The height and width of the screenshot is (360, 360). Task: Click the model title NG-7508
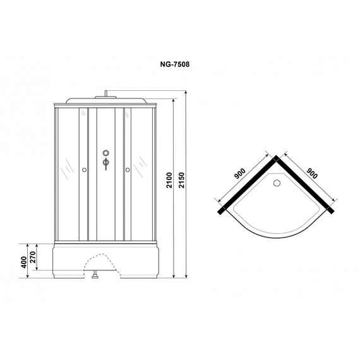click(175, 64)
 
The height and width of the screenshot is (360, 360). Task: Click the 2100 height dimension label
click(169, 180)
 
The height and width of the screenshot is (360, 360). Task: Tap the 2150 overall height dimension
click(182, 180)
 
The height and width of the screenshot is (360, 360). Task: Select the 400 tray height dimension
click(24, 262)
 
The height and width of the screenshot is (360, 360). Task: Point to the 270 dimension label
click(33, 258)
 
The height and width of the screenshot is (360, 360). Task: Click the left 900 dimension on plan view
click(239, 174)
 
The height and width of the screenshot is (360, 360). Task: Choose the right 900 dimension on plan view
click(312, 173)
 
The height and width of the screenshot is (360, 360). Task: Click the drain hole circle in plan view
click(277, 183)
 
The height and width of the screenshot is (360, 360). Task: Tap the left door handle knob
click(84, 170)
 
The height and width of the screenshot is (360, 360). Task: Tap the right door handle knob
click(128, 170)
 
